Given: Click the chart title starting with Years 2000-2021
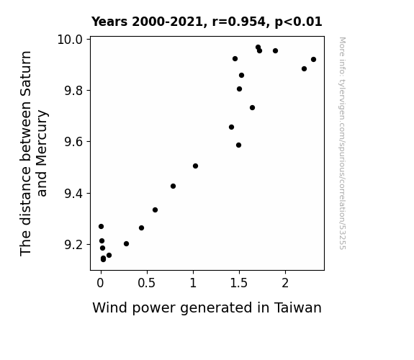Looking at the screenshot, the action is pos(207,22).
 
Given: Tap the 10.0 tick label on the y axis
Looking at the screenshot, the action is pos(70,40).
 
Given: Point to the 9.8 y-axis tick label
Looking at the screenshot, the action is pos(73,91).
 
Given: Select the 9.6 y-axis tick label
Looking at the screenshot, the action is pos(73,142).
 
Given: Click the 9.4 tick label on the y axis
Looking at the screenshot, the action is pos(73,194).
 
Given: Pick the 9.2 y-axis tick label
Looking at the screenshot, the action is pos(73,245).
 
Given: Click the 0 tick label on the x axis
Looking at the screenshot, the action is pos(100,283).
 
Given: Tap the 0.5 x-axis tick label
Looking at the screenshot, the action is pos(147,283).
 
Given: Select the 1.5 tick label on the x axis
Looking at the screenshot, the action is pos(239,283).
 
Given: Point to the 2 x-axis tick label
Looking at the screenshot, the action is pos(285,283).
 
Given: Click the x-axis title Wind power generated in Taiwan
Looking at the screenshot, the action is pos(207,308).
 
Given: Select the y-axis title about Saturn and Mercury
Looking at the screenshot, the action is pos(33,153).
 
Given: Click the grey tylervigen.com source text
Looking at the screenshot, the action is pos(342,143).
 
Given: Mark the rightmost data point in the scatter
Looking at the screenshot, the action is pos(313,60).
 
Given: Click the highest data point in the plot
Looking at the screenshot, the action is pos(258,48).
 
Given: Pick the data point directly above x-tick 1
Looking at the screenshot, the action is pos(195,166).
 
